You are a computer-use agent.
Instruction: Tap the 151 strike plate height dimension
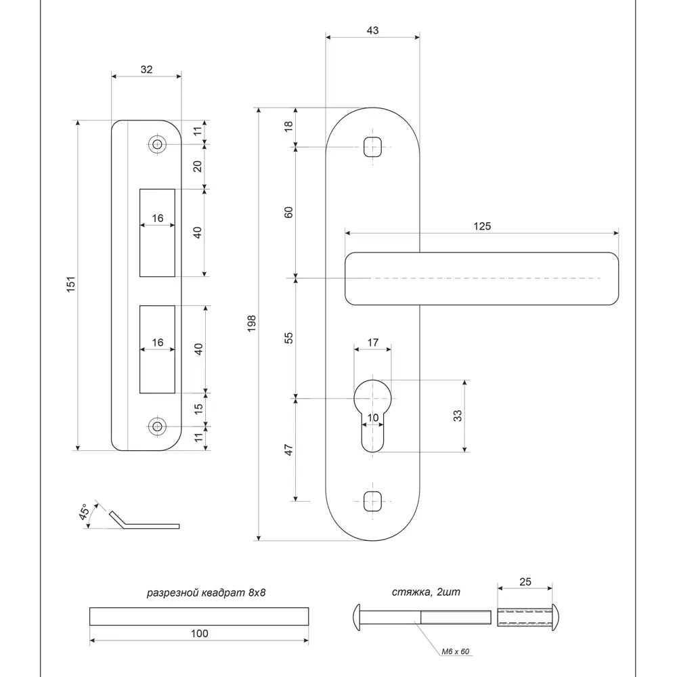(71, 284)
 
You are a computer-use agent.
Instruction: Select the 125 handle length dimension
(482, 226)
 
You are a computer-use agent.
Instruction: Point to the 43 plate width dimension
(372, 30)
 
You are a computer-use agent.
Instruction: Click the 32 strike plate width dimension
(146, 69)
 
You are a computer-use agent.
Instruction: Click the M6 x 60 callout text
(456, 651)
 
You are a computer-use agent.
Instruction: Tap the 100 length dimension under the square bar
(200, 634)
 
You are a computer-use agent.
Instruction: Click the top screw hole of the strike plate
(158, 145)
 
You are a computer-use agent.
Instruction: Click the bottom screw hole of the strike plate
(158, 426)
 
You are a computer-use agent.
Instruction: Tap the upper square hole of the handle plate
(372, 146)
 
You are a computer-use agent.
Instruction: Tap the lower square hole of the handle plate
(372, 501)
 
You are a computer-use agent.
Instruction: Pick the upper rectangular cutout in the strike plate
(157, 232)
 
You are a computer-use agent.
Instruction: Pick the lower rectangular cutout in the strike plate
(157, 349)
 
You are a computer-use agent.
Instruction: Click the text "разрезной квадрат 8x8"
(206, 593)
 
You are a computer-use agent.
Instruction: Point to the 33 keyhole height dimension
(458, 416)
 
